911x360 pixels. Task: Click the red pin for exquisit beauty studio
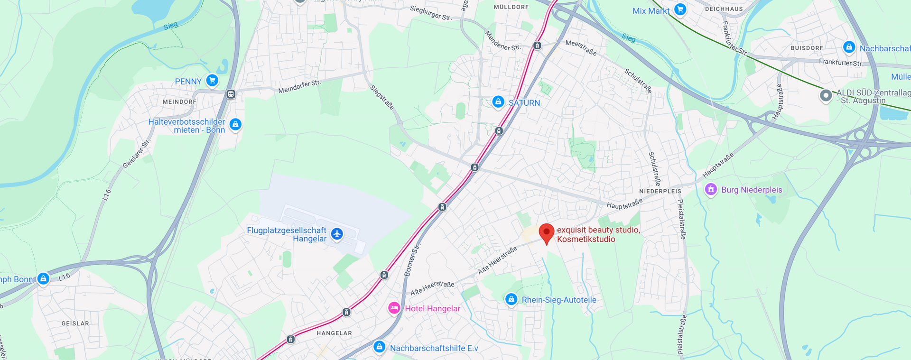click(547, 233)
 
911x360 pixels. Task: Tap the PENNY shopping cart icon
click(212, 81)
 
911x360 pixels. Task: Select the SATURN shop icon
click(498, 102)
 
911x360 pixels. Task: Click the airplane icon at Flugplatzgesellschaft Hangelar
click(337, 234)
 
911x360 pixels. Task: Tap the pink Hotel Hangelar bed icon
click(394, 308)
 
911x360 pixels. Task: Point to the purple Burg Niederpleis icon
click(710, 189)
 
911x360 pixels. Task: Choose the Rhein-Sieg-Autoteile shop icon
click(511, 299)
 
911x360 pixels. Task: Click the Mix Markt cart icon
click(680, 9)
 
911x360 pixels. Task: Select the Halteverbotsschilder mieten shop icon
click(235, 125)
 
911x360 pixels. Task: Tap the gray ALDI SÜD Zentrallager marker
click(826, 95)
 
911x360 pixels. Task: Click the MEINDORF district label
click(179, 102)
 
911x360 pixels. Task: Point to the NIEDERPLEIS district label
click(660, 191)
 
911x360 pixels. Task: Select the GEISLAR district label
click(75, 323)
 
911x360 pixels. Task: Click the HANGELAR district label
click(334, 333)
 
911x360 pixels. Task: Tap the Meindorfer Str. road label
click(299, 87)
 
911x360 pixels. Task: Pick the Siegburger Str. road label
click(430, 13)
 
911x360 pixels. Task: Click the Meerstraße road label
click(581, 47)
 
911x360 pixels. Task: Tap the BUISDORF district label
click(807, 48)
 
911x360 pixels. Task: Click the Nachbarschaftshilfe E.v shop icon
click(379, 347)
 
